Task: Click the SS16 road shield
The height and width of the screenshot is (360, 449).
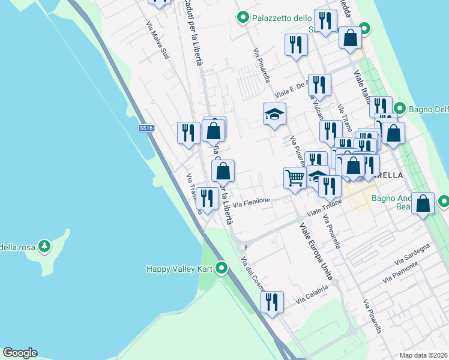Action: [x=146, y=128]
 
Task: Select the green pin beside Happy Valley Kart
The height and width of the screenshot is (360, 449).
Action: [x=221, y=268]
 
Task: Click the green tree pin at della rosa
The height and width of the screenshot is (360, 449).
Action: [x=44, y=246]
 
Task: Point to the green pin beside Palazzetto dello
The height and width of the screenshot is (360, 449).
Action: [x=243, y=18]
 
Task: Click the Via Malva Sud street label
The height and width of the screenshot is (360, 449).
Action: [x=157, y=41]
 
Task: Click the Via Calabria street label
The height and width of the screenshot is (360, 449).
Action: [x=312, y=293]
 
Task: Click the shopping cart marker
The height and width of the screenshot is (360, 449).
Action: [x=294, y=178]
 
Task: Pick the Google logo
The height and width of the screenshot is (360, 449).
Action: [x=20, y=353]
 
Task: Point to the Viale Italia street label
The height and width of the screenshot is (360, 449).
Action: [x=363, y=87]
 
